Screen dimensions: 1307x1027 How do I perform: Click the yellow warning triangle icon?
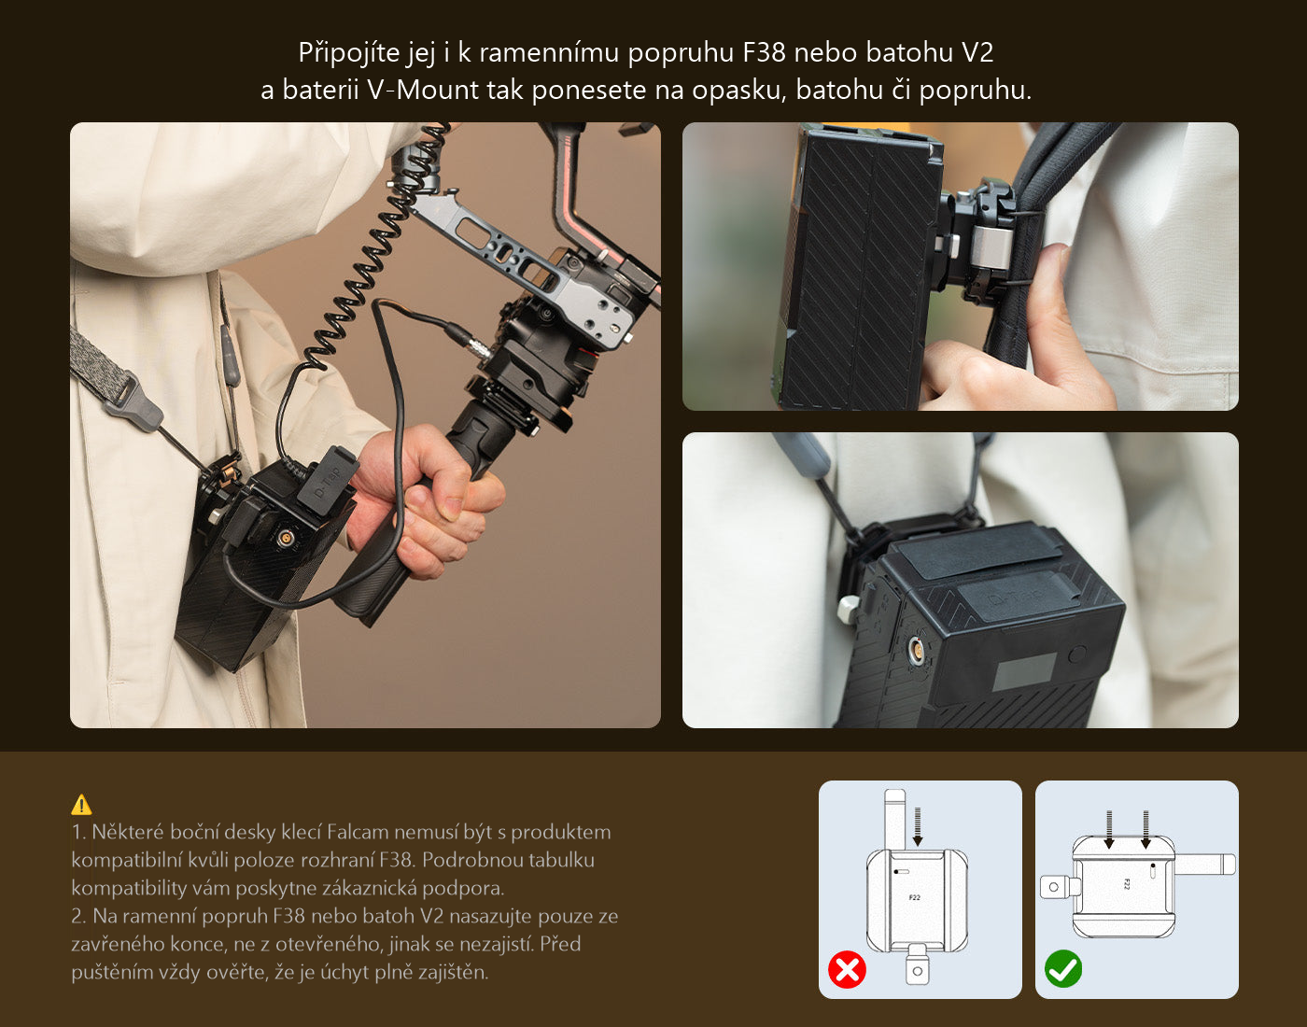coord(81,805)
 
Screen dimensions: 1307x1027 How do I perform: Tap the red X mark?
coord(847,969)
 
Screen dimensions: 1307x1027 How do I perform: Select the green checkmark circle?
coord(1063,969)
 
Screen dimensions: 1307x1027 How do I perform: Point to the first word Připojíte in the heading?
coord(349,53)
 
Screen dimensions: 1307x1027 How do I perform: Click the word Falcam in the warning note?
coord(358,832)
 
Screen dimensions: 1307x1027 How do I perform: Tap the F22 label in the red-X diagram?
coord(914,898)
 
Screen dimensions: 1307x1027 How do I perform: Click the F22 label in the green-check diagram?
coord(1127,884)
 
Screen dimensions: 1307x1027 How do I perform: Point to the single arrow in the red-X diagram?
coord(918,826)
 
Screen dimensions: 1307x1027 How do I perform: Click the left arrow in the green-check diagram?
coord(1109,830)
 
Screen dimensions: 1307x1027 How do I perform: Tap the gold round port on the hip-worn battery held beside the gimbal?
coord(284,536)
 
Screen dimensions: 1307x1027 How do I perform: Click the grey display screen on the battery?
coord(1024,676)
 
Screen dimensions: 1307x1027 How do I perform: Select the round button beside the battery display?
coord(1076,654)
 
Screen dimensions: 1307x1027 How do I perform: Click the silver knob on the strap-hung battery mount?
coord(849,608)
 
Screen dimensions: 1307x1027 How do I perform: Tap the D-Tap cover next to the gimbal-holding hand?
coord(328,480)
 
